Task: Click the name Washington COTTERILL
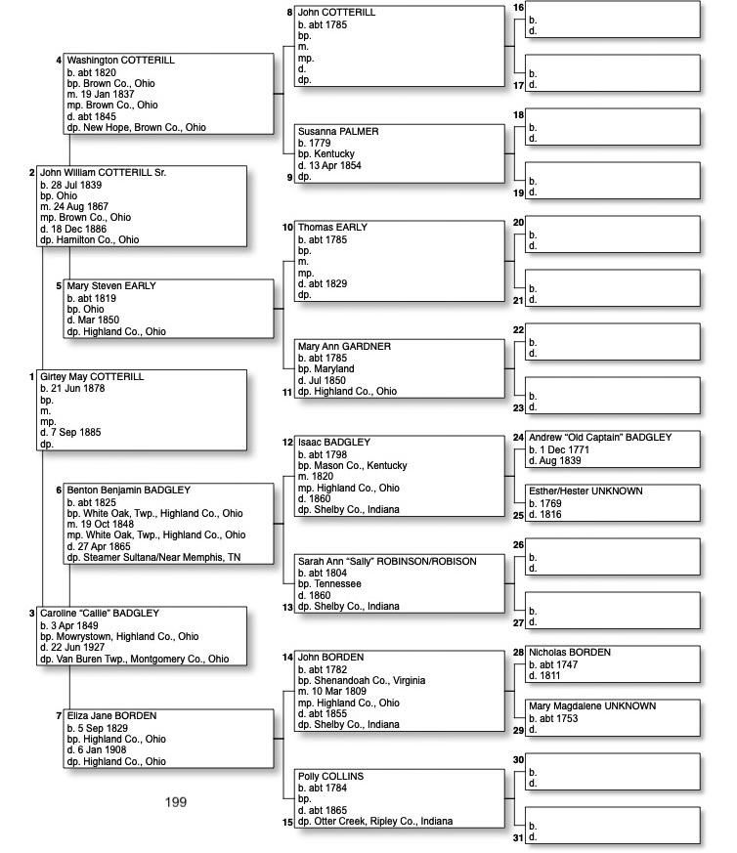click(120, 61)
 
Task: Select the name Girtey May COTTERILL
click(92, 377)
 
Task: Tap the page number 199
click(176, 802)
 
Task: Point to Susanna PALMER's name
click(338, 131)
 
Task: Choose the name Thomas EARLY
click(332, 228)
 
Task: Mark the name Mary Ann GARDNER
click(344, 347)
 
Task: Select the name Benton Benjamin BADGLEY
click(129, 490)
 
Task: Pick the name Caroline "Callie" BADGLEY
click(99, 614)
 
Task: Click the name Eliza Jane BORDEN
click(111, 716)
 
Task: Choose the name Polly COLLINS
click(330, 777)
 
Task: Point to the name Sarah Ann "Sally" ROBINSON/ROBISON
click(387, 562)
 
